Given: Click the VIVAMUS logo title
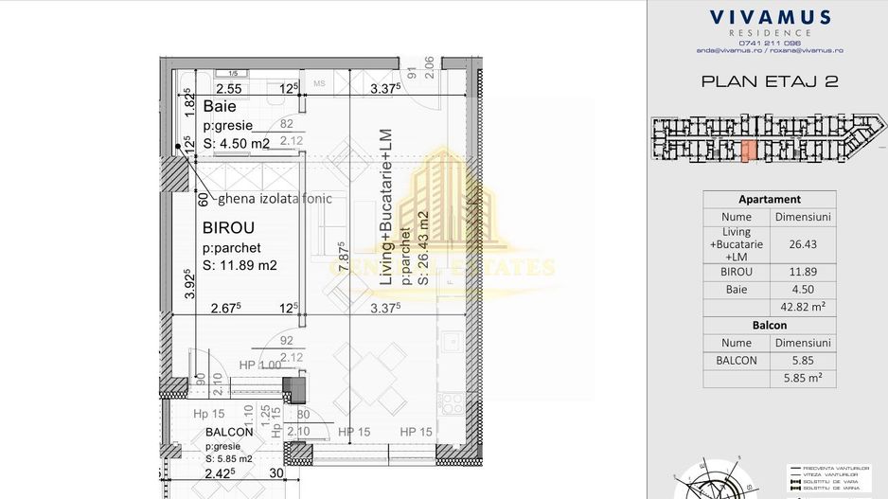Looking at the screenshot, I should (770, 17).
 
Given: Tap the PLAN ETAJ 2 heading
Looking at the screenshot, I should (770, 81).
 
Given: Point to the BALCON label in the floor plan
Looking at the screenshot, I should (229, 432).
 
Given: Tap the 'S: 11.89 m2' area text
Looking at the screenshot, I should (240, 265).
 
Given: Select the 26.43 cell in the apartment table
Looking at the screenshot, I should (802, 243).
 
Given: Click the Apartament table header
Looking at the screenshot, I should (770, 200).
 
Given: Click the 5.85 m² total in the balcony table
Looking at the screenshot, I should (802, 378).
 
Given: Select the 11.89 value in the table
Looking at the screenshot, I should (802, 272).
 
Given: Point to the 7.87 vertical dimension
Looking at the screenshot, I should (345, 257).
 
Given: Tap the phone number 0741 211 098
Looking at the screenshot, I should (770, 43).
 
